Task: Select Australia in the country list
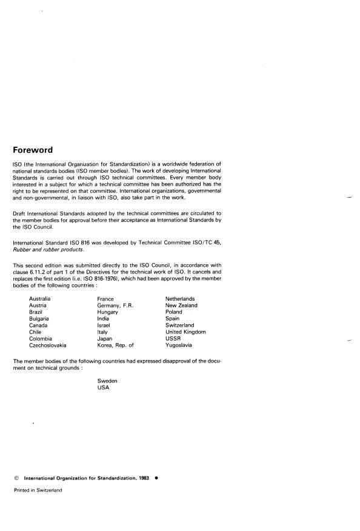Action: [40, 299]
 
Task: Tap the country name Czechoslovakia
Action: [48, 345]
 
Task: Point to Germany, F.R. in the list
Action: [115, 306]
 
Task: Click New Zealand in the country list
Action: [181, 306]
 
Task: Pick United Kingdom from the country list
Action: [185, 332]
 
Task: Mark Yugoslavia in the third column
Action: [179, 345]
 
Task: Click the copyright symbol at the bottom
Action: [16, 478]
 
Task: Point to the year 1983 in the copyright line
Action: [141, 478]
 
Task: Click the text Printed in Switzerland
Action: [38, 490]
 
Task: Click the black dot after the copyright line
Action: [156, 478]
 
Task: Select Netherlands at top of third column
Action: [181, 299]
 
